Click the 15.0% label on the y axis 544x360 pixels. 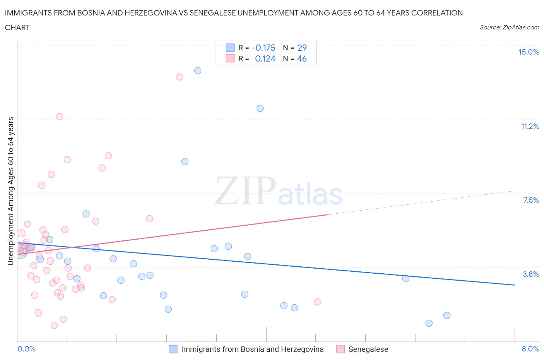coord(529,52)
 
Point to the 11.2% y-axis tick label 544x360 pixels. coord(530,126)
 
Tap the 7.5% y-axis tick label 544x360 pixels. coord(531,200)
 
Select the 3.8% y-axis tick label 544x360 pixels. coord(531,274)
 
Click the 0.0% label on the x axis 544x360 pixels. coord(26,349)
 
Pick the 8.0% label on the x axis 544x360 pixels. coord(530,349)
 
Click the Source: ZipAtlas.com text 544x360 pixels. coord(509,27)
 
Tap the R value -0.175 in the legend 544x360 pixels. coord(263,48)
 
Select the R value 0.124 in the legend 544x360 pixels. coord(265,58)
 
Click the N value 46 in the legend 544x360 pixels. coord(302,58)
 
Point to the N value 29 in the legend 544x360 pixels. coord(302,48)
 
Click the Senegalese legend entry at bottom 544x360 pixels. coord(368,349)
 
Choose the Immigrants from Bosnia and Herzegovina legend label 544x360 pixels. coord(252,349)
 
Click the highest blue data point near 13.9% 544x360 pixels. coord(198,70)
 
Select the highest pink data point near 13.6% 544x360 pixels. coord(179,77)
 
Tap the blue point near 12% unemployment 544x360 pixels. coord(260,108)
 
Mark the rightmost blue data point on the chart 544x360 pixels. coord(447,315)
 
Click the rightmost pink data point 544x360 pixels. coord(318,302)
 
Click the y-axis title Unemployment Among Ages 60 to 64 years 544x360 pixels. coord(10,191)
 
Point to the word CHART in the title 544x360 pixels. coord(17,27)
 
